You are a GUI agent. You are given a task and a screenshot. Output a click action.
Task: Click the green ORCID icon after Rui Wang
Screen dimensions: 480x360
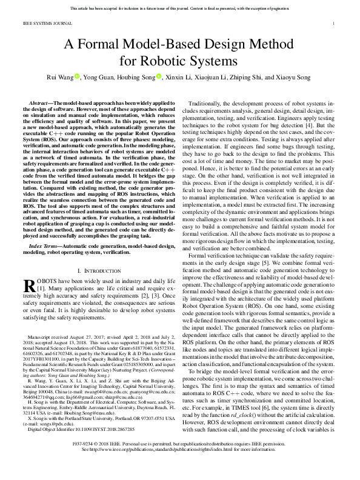[x=78, y=77]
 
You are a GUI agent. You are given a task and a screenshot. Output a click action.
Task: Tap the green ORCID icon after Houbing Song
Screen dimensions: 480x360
[x=159, y=77]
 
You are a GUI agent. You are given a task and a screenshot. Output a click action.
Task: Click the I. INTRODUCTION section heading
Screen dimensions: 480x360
[x=97, y=268]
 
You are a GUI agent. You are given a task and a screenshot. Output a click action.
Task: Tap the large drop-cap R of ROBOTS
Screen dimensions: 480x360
[x=30, y=287]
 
